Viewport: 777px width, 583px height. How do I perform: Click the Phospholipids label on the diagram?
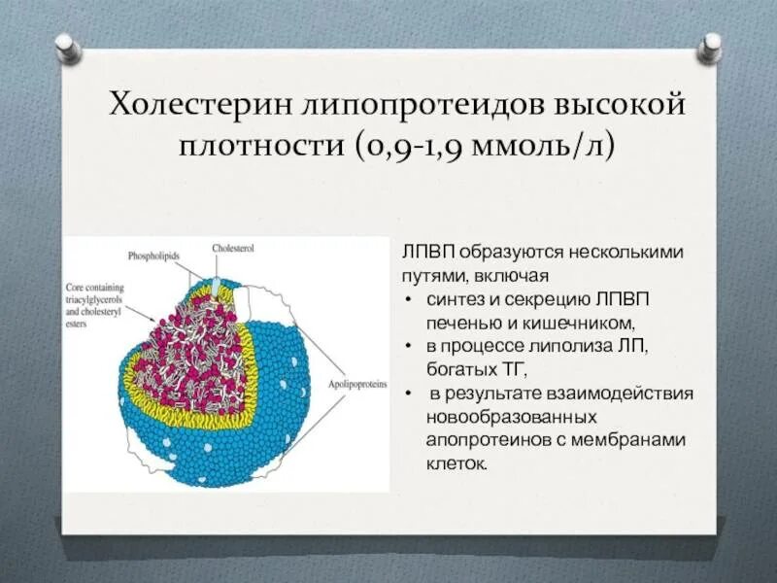pos(156,256)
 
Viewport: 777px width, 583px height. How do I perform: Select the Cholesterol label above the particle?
pos(233,249)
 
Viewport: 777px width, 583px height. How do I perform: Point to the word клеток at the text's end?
pos(455,463)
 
